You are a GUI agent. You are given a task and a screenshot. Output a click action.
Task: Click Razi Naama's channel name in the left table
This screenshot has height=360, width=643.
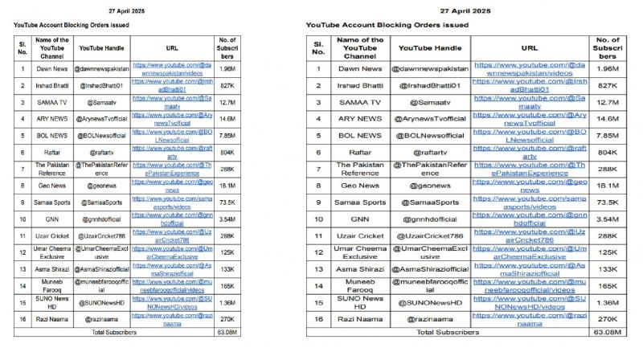(x=46, y=319)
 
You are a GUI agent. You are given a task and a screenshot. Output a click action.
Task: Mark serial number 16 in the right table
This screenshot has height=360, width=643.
(x=317, y=319)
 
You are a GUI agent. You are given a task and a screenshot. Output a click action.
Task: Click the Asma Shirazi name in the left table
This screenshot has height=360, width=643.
(x=46, y=268)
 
